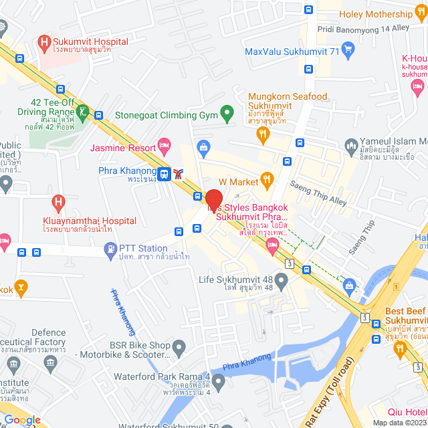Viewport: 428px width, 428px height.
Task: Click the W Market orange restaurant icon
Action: coord(267,179)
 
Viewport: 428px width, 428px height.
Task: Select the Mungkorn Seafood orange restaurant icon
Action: coord(263,134)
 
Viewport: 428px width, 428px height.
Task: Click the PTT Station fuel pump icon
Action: coord(110,249)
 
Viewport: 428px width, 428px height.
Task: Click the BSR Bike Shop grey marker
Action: coord(179,347)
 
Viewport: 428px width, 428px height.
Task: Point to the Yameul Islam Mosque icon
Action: coord(350,145)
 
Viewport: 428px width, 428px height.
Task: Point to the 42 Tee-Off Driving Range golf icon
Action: coord(84,111)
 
